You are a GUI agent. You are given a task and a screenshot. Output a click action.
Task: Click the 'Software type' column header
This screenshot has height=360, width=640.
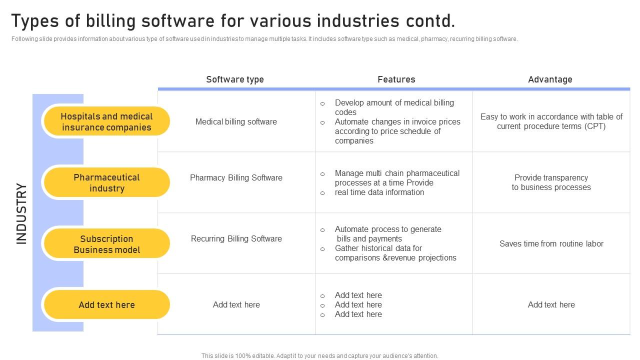click(x=235, y=79)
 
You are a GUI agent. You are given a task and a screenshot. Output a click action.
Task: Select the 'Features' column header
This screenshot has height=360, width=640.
click(x=396, y=79)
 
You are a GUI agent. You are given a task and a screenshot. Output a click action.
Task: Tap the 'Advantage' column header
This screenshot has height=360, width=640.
click(x=550, y=79)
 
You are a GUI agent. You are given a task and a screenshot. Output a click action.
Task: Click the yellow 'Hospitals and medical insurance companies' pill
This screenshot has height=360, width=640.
click(x=106, y=121)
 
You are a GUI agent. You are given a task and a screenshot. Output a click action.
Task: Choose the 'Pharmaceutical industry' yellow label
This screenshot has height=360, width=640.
click(x=106, y=182)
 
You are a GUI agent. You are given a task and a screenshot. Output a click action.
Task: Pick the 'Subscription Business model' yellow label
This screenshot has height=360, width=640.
click(x=106, y=244)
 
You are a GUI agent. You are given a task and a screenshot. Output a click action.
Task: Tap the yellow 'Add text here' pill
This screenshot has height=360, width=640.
click(x=106, y=304)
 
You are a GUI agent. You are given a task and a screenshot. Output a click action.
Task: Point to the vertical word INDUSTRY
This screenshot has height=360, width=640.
click(x=21, y=213)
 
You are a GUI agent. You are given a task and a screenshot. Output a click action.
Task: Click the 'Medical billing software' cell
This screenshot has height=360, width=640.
click(x=236, y=121)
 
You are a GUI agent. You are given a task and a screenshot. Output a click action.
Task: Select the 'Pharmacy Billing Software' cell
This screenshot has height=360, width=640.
click(x=236, y=177)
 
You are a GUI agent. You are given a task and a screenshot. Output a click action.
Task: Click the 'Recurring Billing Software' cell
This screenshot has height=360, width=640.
click(x=236, y=238)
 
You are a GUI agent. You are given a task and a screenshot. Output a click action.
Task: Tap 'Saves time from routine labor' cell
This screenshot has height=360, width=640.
click(x=551, y=243)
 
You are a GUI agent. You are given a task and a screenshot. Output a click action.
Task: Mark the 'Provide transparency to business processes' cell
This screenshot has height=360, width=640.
click(x=551, y=182)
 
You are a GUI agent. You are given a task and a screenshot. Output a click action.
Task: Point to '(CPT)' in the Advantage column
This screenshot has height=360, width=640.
click(x=594, y=126)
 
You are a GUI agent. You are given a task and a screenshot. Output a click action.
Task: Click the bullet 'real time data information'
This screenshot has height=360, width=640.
click(x=379, y=192)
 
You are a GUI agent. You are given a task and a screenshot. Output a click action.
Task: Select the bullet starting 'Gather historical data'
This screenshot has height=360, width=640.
click(x=395, y=253)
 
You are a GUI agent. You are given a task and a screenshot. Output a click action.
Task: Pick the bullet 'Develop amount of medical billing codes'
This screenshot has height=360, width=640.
click(x=394, y=107)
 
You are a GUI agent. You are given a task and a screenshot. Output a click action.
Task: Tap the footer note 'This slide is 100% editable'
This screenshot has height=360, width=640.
click(x=319, y=356)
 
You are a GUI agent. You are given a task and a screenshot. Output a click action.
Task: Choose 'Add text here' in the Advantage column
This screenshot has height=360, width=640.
click(x=551, y=304)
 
